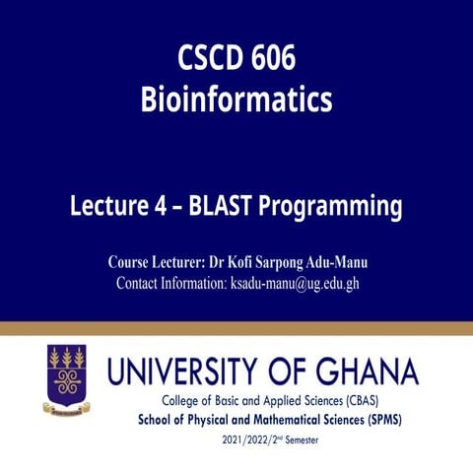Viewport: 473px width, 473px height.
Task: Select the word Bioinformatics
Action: coord(236,100)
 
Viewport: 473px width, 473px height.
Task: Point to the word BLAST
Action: coord(227,207)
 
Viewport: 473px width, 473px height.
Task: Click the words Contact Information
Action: coord(170,283)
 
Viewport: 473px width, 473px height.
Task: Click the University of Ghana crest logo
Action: coord(66,379)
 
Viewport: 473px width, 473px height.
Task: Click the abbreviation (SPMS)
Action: coord(384,420)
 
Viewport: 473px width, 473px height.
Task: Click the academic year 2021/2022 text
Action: coord(253,439)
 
